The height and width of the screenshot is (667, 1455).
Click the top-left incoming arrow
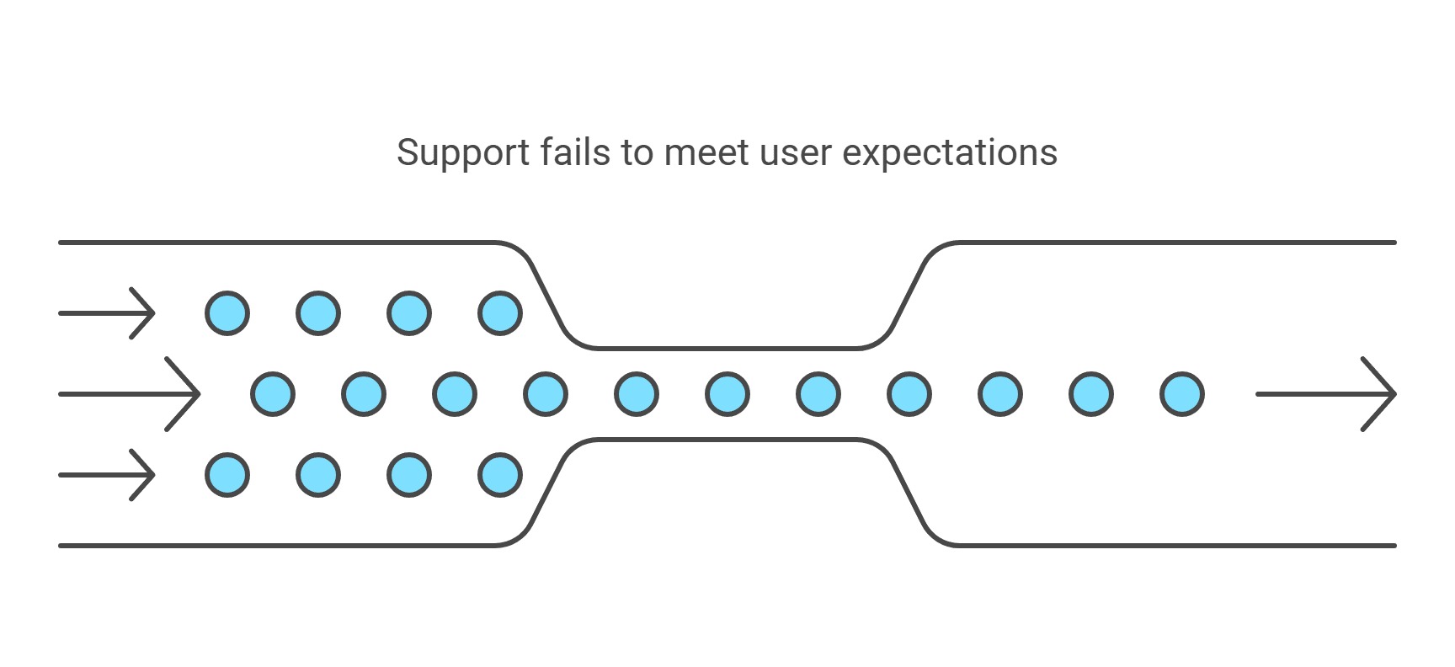(108, 313)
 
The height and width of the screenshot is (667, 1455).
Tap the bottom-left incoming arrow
(108, 475)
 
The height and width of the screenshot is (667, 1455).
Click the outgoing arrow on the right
(1326, 393)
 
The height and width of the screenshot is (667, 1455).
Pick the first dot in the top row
(227, 313)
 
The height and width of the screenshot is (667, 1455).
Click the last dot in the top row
(500, 313)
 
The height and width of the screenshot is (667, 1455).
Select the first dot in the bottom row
(227, 475)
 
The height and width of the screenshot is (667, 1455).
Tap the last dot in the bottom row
(500, 475)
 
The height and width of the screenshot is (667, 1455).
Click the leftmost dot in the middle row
(273, 393)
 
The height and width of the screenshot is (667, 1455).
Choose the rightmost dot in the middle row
(1182, 393)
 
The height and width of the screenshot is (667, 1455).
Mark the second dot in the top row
(318, 313)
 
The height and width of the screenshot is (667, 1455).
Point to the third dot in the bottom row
(409, 475)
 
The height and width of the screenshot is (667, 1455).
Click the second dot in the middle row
(364, 393)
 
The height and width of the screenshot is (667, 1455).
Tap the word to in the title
(637, 152)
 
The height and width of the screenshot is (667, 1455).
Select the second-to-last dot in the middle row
(1091, 393)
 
